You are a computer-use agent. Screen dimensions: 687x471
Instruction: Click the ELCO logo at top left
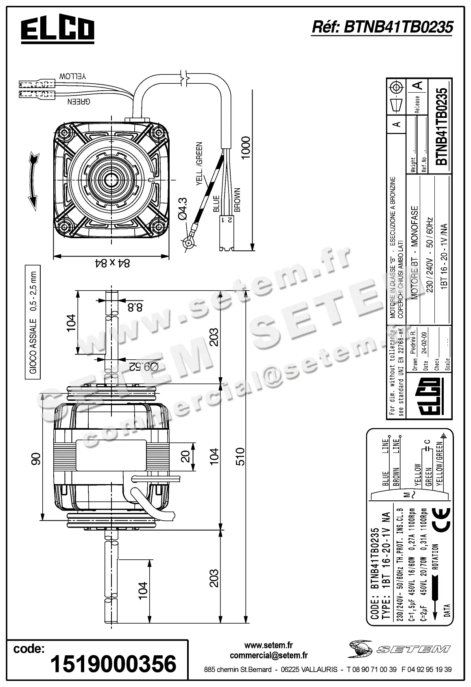(57, 29)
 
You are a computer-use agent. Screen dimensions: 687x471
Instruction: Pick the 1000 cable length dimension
(245, 148)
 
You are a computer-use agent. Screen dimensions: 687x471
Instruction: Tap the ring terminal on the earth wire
(189, 243)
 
